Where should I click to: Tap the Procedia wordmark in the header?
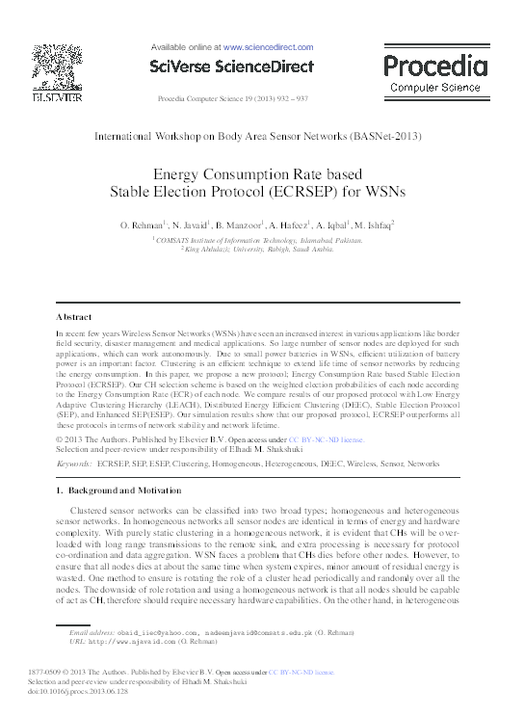pyautogui.click(x=434, y=66)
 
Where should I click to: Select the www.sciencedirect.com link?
pyautogui.click(x=268, y=46)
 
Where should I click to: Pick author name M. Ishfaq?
pyautogui.click(x=373, y=225)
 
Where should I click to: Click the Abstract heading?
pyautogui.click(x=74, y=316)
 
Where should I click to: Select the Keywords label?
pyautogui.click(x=74, y=464)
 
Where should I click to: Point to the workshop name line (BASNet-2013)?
pyautogui.click(x=257, y=136)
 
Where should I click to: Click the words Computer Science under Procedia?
pyautogui.click(x=435, y=88)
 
